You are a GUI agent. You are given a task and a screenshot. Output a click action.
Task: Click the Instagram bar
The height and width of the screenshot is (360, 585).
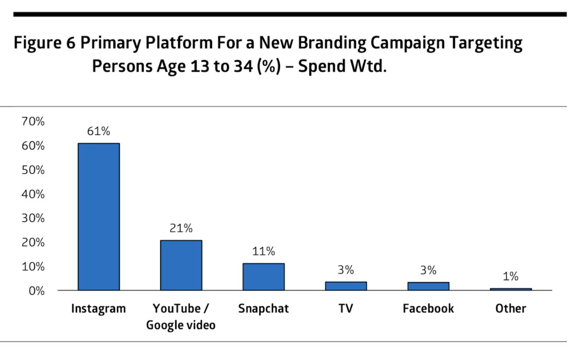[x=98, y=216]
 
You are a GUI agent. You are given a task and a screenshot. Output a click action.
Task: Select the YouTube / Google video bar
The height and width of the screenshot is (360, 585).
[x=181, y=265]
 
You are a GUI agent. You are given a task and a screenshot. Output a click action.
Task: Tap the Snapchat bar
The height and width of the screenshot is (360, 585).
[x=263, y=277]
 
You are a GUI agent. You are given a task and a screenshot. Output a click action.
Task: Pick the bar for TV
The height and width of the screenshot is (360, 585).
[x=346, y=286]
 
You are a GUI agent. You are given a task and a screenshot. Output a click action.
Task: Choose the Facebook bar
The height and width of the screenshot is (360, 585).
[x=428, y=286]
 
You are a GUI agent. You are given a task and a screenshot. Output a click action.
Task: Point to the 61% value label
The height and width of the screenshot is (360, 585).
[x=98, y=131]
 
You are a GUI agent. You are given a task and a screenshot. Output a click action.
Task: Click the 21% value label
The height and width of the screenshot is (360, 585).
[x=181, y=228]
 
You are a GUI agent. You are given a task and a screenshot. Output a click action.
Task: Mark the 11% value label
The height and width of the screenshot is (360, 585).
[x=263, y=252]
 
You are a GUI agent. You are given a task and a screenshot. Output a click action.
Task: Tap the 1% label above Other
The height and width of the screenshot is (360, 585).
[x=510, y=277]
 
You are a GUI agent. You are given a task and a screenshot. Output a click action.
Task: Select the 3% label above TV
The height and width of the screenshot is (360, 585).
[x=346, y=270]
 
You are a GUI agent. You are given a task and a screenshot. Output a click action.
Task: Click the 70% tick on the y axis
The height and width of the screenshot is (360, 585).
[x=33, y=122]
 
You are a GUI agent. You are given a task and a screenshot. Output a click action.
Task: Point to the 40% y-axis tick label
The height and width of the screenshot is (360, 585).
[x=33, y=195]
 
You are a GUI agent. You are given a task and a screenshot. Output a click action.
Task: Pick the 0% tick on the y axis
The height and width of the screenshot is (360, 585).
[x=36, y=291]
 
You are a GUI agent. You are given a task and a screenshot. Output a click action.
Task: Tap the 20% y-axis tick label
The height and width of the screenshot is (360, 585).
[x=33, y=243]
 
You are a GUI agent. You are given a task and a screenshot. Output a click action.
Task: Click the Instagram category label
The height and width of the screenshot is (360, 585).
[x=98, y=308]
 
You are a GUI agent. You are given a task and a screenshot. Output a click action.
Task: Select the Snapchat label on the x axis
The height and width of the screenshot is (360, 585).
[x=263, y=308]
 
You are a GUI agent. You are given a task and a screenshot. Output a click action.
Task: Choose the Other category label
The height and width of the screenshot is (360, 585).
[x=510, y=308]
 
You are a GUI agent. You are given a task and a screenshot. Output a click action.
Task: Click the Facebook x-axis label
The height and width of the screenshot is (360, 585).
[x=428, y=308]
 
